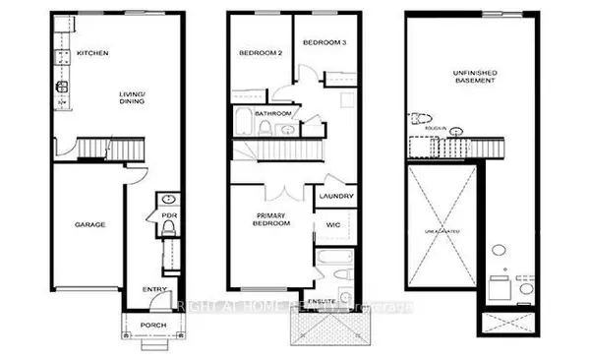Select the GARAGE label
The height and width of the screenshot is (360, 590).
pyautogui.click(x=89, y=224)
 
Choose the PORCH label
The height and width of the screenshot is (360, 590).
pyautogui.click(x=152, y=324)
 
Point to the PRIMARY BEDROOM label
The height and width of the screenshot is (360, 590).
pyautogui.click(x=272, y=219)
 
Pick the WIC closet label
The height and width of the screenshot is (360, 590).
pyautogui.click(x=332, y=225)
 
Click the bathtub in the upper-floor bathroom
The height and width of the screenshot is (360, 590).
pyautogui.click(x=243, y=125)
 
